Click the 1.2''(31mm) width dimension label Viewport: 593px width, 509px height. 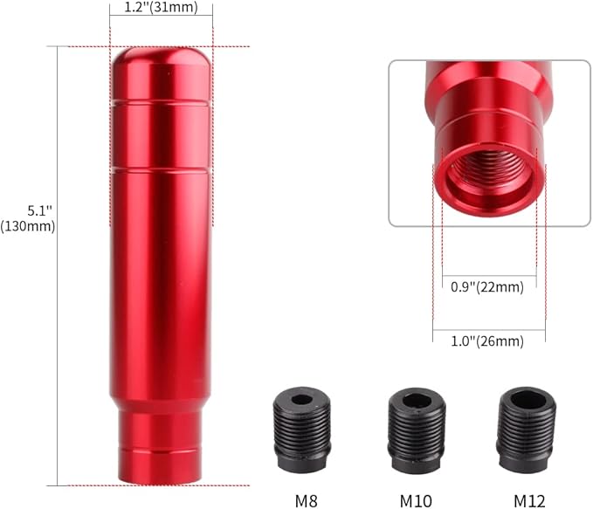161,9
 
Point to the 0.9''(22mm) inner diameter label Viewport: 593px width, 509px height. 486,286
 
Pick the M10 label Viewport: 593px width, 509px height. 415,501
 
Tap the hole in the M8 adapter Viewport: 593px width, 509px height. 301,401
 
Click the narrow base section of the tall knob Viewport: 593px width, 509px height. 160,445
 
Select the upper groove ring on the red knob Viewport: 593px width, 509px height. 160,104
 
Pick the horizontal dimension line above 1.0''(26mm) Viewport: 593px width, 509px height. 489,329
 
